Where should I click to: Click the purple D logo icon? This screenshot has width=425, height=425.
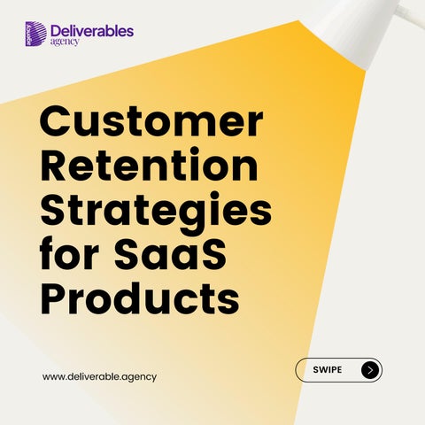coord(35,34)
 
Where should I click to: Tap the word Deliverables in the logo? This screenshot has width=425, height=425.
coord(92,31)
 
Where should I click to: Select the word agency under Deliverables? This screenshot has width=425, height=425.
coord(65,42)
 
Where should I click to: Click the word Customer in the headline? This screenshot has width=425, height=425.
coord(151,121)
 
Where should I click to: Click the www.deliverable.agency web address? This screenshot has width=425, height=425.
coord(99,377)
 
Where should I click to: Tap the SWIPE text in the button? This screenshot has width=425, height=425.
coord(328,370)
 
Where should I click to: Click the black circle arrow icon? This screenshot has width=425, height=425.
coord(370,370)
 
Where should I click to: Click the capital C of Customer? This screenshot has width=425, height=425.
coord(55,121)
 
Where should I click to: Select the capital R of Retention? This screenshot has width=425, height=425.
coord(55,165)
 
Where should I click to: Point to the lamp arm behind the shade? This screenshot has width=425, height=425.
coord(411,11)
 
